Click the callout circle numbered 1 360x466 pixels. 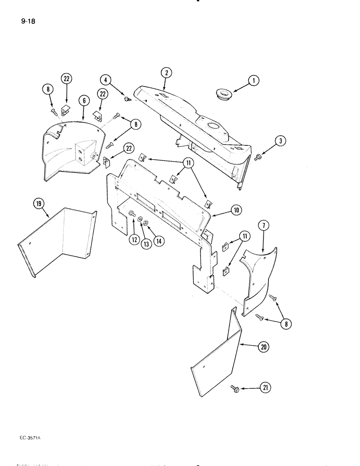254,81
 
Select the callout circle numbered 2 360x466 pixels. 166,72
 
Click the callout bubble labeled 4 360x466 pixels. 107,80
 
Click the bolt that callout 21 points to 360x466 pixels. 233,388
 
